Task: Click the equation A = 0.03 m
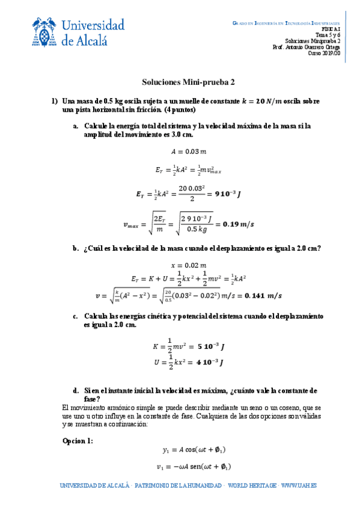180,152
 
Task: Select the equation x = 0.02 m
180,265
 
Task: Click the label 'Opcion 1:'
78,441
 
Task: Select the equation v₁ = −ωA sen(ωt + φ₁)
194,466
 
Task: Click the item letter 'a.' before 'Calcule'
75,126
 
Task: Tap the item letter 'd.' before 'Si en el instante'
75,390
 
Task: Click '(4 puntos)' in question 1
179,110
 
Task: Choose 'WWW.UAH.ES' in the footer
299,485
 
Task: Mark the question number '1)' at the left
53,101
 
